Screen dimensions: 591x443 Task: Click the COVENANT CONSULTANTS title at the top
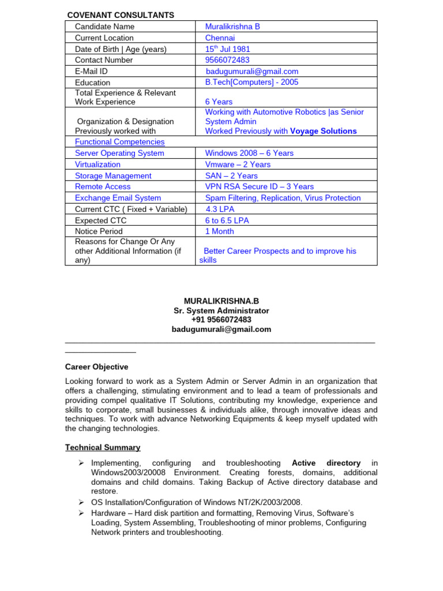pos(121,15)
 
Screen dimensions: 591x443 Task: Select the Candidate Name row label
pos(104,27)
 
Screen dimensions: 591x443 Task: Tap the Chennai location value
pos(220,38)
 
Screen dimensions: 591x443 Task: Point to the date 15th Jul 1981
pos(227,49)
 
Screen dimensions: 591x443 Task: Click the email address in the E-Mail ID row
pos(252,72)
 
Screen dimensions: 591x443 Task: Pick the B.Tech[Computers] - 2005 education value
pos(251,83)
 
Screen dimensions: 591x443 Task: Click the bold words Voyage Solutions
pos(323,131)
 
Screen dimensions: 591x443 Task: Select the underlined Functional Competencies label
pos(119,142)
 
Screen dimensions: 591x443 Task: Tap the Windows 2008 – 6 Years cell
pos(249,154)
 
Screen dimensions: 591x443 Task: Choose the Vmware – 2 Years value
pos(238,164)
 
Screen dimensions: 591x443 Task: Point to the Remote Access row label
pos(103,187)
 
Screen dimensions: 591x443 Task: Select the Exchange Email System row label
pos(118,198)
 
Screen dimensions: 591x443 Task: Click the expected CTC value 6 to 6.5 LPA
pos(231,220)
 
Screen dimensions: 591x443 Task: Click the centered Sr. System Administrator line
pos(221,311)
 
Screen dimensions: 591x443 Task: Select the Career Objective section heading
pos(96,367)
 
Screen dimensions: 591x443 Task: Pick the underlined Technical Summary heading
pos(103,447)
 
